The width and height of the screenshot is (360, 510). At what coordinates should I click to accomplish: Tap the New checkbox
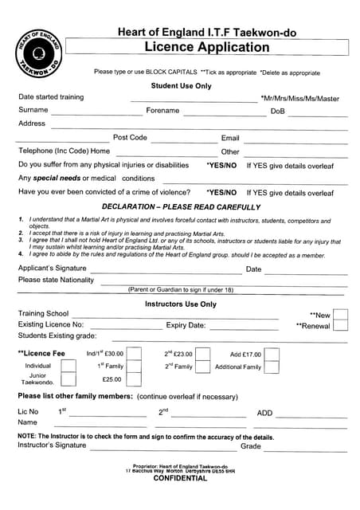pos(340,316)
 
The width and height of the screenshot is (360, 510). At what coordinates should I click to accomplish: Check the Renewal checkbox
pos(340,326)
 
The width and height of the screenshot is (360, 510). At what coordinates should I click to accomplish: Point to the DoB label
pos(277,112)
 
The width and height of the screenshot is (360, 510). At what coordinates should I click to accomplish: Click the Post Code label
pos(130,138)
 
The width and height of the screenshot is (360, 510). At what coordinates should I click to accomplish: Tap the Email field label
pos(230,138)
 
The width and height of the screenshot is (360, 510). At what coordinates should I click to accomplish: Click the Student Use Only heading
pos(182,85)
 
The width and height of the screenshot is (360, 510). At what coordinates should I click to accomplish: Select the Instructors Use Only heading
pos(180,304)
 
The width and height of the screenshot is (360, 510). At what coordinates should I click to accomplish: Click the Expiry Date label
pos(186,325)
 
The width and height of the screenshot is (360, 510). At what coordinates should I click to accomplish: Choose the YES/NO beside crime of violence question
pos(221,193)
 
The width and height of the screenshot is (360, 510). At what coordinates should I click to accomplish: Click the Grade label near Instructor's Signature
pos(251,446)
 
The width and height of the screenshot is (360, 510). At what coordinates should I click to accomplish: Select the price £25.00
pos(112,379)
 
